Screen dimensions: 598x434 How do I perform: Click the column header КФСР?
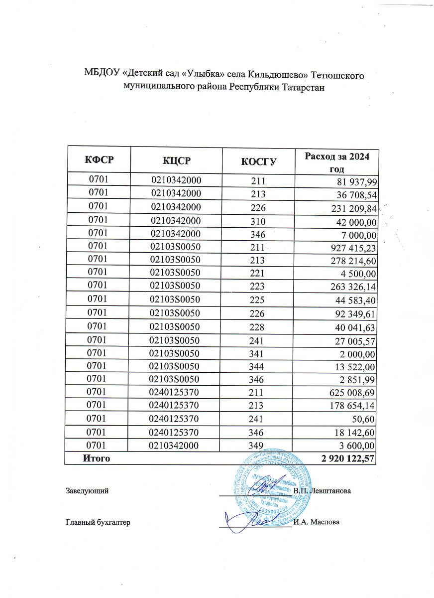(97, 160)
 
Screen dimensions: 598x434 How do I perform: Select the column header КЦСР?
(176, 160)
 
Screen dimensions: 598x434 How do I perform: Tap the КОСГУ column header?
(259, 161)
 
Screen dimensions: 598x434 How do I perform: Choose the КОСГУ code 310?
(259, 221)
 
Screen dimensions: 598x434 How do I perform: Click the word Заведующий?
(87, 491)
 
